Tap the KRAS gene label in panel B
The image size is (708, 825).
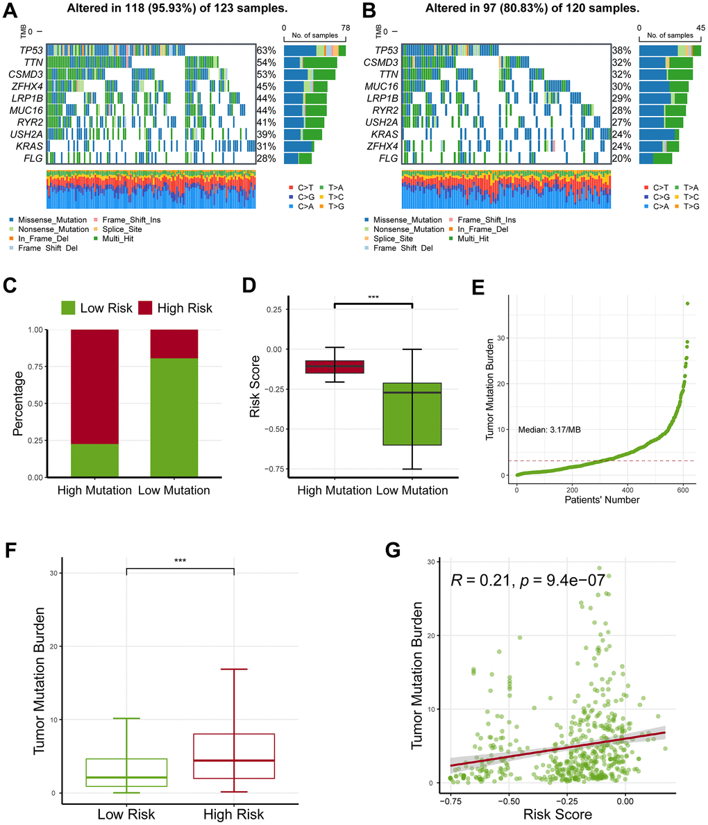[x=385, y=134]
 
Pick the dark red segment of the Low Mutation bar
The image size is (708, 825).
[x=174, y=344]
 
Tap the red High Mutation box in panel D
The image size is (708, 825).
[x=335, y=367]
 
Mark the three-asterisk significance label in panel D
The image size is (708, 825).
[x=373, y=297]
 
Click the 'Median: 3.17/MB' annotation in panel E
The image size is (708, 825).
[x=549, y=430]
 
